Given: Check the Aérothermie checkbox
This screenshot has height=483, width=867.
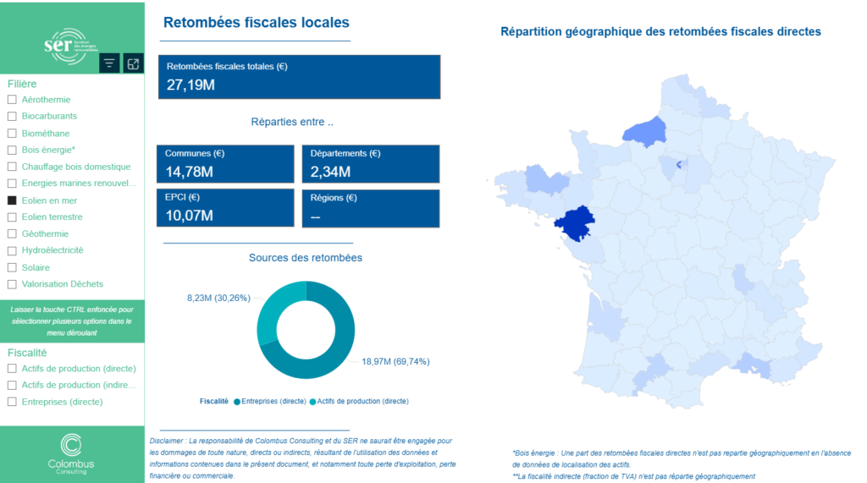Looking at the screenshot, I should (12, 100).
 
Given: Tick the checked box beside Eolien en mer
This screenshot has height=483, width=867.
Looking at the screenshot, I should (12, 200).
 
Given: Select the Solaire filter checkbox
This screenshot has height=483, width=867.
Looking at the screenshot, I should (12, 267).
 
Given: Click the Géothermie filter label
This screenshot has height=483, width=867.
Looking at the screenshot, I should (45, 233).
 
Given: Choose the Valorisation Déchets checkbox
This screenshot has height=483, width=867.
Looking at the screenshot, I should (12, 284).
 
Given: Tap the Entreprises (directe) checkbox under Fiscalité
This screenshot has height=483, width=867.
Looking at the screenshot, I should (12, 402).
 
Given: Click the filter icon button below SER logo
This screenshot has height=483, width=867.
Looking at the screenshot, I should (109, 63).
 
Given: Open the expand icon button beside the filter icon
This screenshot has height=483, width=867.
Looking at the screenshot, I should (133, 63).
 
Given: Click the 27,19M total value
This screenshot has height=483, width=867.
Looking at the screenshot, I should (191, 85).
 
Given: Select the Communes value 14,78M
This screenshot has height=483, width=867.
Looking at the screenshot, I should (189, 173).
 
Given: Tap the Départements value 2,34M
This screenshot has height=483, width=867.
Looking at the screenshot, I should (330, 173).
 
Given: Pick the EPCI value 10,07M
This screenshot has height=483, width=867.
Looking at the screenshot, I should (189, 216).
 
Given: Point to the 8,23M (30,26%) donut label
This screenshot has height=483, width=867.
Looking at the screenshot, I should (218, 298).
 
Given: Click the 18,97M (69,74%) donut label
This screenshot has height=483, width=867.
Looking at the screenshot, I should (395, 361).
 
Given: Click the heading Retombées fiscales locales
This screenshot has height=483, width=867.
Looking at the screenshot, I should (256, 23).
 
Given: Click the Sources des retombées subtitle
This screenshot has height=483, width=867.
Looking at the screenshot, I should (305, 257).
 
